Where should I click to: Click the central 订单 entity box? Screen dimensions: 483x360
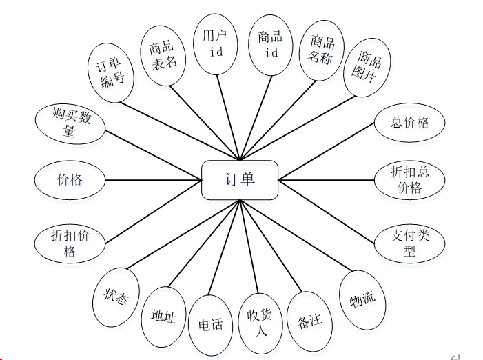pyautogui.click(x=239, y=180)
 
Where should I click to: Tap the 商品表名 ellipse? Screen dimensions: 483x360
pyautogui.click(x=163, y=54)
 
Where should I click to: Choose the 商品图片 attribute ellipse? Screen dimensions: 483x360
pyautogui.click(x=367, y=67)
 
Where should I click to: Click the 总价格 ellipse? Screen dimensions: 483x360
pyautogui.click(x=410, y=123)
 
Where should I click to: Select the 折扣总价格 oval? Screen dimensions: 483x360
pyautogui.click(x=410, y=180)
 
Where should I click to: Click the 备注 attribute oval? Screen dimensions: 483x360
pyautogui.click(x=309, y=321)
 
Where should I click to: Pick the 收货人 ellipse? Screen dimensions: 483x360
pyautogui.click(x=261, y=322)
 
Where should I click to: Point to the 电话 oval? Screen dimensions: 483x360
pyautogui.click(x=211, y=323)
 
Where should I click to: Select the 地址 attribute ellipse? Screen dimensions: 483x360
pyautogui.click(x=163, y=317)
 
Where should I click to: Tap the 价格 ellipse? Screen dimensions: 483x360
pyautogui.click(x=70, y=180)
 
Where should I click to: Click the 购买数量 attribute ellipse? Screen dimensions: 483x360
pyautogui.click(x=70, y=123)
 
